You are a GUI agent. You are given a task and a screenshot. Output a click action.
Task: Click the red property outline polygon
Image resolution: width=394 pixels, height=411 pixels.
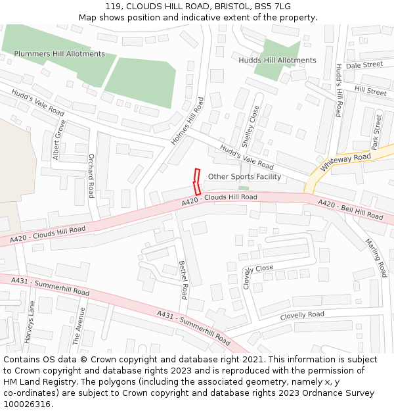click(x=196, y=181)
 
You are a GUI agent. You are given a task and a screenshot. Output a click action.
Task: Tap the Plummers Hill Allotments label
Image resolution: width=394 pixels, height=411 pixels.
click(x=59, y=54)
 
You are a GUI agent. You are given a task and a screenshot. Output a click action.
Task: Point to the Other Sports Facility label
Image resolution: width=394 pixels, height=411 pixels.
click(x=244, y=177)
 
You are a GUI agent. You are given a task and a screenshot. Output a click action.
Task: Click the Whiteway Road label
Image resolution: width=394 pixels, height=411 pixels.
click(x=345, y=162)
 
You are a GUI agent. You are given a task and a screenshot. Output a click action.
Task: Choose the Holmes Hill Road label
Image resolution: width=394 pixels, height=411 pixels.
click(x=188, y=121)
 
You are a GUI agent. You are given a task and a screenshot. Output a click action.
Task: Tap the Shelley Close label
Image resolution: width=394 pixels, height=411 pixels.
click(x=248, y=126)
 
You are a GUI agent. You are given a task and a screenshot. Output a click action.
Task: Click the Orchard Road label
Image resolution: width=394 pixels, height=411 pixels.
click(x=91, y=176)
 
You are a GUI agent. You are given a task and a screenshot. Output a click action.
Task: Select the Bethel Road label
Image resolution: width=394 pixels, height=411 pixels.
click(x=183, y=279)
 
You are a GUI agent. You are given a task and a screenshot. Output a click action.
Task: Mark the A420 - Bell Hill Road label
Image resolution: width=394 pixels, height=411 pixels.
click(x=350, y=210)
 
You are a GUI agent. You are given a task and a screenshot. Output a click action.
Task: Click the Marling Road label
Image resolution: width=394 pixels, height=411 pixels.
click(x=376, y=257)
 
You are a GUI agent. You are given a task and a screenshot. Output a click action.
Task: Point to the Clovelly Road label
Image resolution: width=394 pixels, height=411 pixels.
click(x=302, y=316)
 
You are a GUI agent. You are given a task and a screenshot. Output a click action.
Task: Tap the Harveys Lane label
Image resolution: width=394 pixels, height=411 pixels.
click(x=30, y=322)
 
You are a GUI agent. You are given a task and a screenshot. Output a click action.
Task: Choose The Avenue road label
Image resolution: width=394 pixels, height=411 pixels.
click(x=78, y=326)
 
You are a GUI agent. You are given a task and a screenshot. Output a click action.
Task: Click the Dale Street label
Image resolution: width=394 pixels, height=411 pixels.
click(x=364, y=65)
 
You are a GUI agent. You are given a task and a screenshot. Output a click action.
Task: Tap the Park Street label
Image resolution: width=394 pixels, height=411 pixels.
click(x=376, y=132)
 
